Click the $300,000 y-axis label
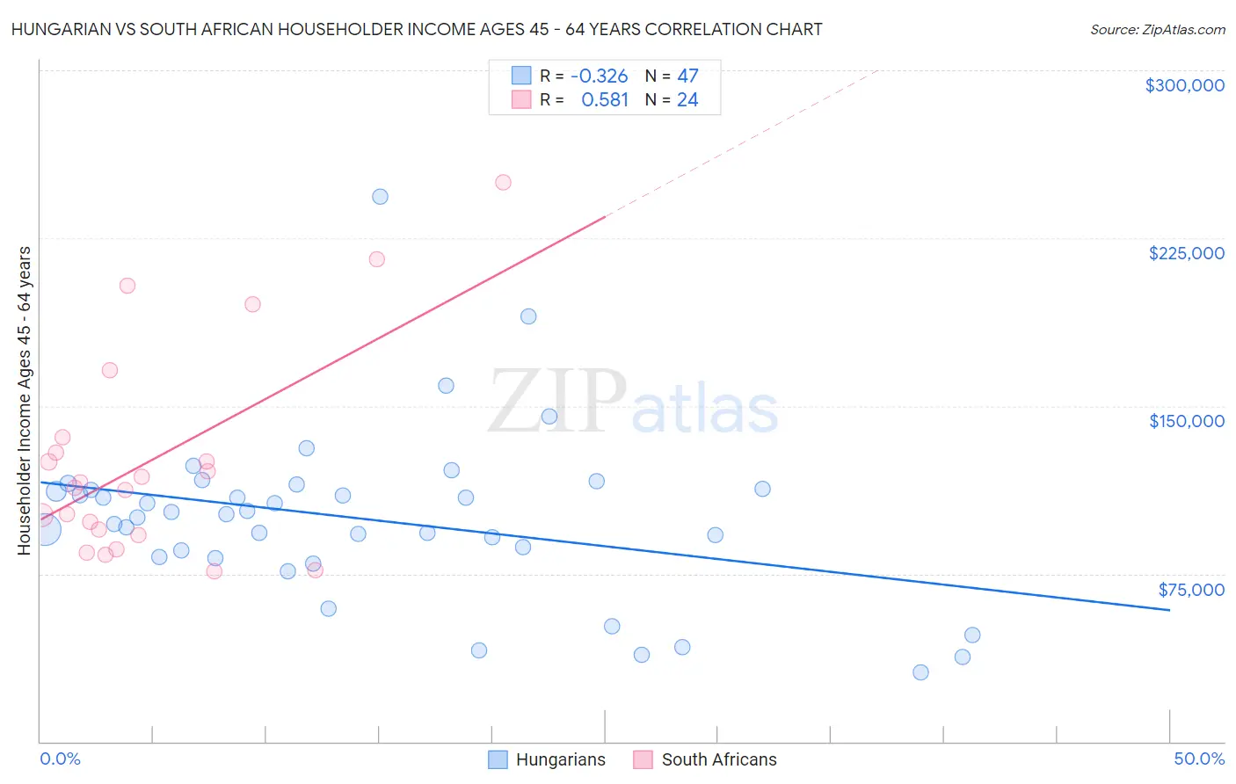tap(1184, 85)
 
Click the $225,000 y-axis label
tap(1186, 253)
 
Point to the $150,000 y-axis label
tap(1186, 421)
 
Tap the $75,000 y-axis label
tap(1190, 590)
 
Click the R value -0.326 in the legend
tap(599, 76)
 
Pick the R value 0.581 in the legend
tap(605, 100)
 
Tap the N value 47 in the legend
tap(687, 76)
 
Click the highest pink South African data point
tap(503, 183)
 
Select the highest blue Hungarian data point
tap(380, 197)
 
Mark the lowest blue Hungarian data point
tap(920, 672)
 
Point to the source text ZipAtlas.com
tap(1157, 30)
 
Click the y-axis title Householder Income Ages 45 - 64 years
tap(24, 401)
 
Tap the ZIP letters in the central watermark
tap(557, 402)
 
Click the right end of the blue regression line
tap(1169, 609)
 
